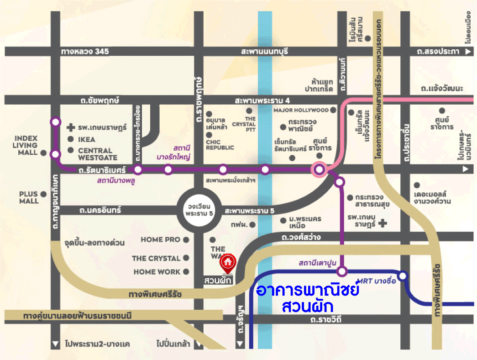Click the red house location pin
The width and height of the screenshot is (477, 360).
click(x=228, y=262)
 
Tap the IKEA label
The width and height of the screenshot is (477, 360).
click(x=87, y=139)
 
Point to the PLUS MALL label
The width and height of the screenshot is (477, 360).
click(x=28, y=197)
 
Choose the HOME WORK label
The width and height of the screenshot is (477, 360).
click(x=157, y=272)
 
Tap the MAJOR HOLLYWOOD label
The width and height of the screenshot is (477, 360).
click(x=301, y=110)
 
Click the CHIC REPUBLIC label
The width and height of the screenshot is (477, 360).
click(x=220, y=145)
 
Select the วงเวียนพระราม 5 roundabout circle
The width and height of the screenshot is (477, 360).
click(x=199, y=211)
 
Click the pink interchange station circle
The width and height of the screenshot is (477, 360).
click(x=319, y=170)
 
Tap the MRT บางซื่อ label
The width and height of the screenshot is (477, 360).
click(x=376, y=281)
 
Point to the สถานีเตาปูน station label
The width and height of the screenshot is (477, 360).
click(x=317, y=263)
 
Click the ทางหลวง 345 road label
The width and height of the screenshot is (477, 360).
click(x=85, y=52)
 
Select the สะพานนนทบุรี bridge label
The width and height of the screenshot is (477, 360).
click(x=265, y=52)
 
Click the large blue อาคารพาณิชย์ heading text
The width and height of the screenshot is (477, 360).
click(x=308, y=291)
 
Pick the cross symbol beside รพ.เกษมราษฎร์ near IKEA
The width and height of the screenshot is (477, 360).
click(x=71, y=128)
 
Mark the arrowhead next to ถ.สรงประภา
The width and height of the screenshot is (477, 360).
click(x=467, y=52)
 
